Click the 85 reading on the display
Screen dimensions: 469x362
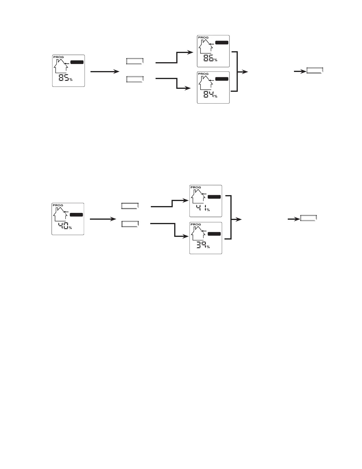pyautogui.click(x=64, y=78)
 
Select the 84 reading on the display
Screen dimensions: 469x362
pyautogui.click(x=208, y=95)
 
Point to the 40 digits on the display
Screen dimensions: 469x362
pyautogui.click(x=63, y=226)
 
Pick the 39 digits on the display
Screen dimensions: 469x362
pyautogui.click(x=201, y=245)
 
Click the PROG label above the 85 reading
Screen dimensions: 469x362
pyautogui.click(x=58, y=57)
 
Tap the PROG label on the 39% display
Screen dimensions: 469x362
pyautogui.click(x=195, y=224)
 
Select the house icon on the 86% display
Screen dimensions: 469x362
pyautogui.click(x=205, y=47)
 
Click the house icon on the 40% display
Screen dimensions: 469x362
pyautogui.click(x=60, y=214)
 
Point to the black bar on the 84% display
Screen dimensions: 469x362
pyautogui.click(x=222, y=79)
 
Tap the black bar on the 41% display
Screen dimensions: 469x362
pyautogui.click(x=214, y=197)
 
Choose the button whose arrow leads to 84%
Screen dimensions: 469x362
pyautogui.click(x=135, y=79)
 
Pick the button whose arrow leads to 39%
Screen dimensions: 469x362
pyautogui.click(x=130, y=224)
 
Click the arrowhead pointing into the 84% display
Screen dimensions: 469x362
pyautogui.click(x=188, y=88)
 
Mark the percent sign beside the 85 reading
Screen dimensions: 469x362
pyautogui.click(x=71, y=80)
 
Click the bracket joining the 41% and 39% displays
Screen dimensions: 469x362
pyautogui.click(x=230, y=217)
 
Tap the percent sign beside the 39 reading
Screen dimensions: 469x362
pyautogui.click(x=208, y=247)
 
